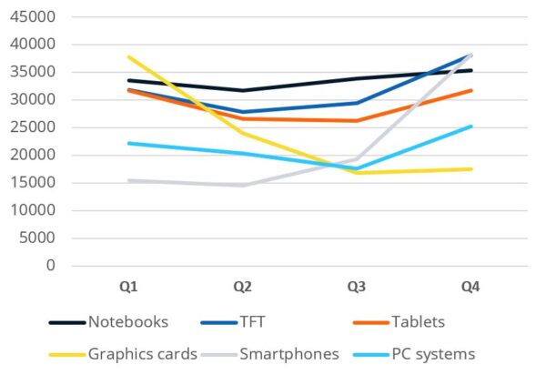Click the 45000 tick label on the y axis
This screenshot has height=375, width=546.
click(x=33, y=16)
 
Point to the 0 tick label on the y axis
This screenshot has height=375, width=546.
click(x=51, y=266)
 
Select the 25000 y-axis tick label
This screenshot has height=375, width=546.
click(x=33, y=127)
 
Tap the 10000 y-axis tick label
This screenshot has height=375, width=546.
click(x=33, y=210)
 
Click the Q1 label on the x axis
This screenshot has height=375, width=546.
click(x=128, y=287)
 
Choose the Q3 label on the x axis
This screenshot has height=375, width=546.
click(x=357, y=287)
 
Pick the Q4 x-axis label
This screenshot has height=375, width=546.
click(x=470, y=287)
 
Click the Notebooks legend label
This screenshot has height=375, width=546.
click(x=128, y=322)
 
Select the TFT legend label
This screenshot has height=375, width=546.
click(x=252, y=322)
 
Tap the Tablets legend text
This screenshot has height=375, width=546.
click(x=419, y=322)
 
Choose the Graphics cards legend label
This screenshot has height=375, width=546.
click(x=143, y=354)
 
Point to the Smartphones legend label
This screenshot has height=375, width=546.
click(x=289, y=354)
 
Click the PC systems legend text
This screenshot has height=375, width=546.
click(x=433, y=354)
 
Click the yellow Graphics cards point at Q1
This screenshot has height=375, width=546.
click(x=129, y=56)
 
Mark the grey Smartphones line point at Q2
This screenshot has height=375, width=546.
click(x=243, y=186)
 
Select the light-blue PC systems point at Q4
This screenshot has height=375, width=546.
click(x=470, y=127)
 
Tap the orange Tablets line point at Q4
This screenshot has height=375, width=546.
click(x=470, y=90)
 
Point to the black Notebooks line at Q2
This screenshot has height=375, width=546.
click(x=243, y=90)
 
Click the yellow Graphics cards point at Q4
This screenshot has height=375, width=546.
click(x=470, y=169)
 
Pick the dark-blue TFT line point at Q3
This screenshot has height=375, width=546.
click(x=357, y=103)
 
